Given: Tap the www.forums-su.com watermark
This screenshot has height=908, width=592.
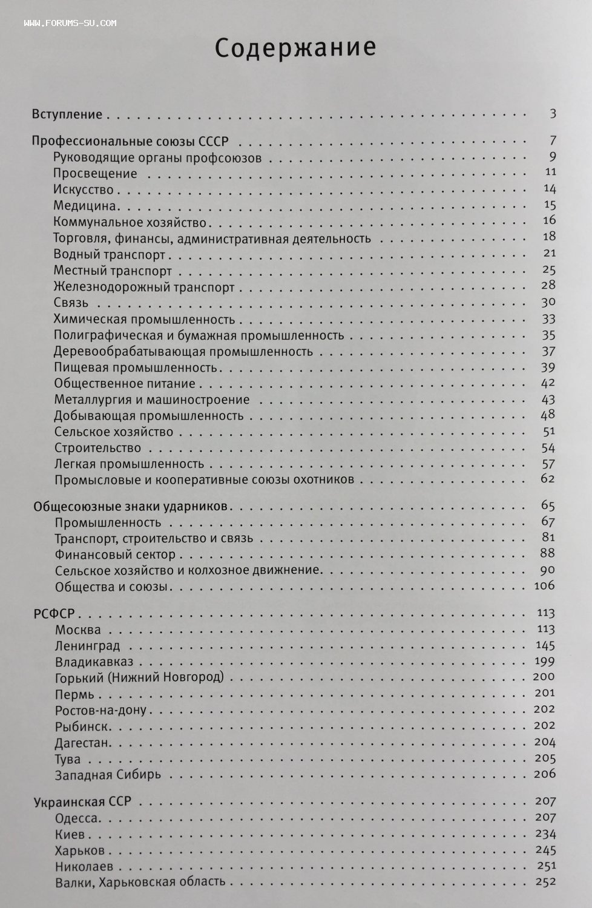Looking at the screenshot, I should click(x=70, y=23).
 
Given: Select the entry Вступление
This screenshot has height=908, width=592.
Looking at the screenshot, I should click(x=67, y=114).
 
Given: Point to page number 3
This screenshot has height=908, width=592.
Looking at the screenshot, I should click(x=553, y=113).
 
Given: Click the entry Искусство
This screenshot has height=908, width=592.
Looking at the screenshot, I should click(x=84, y=189).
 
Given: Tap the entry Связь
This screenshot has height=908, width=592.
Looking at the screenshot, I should click(x=71, y=303).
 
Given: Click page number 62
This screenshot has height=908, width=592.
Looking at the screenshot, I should click(x=548, y=478).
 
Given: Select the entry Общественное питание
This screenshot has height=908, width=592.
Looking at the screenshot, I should click(x=125, y=384).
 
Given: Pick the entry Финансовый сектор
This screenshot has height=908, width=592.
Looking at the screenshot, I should click(x=115, y=554).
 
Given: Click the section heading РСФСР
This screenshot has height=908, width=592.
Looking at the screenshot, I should click(x=54, y=614).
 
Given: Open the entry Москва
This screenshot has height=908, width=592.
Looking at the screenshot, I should click(x=78, y=630).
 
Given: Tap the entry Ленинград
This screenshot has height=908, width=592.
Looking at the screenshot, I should click(x=87, y=646).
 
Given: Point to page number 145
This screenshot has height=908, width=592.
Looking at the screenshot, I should click(x=545, y=645).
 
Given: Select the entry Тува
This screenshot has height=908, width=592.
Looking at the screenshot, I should click(x=68, y=759).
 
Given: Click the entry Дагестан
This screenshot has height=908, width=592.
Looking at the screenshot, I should click(x=83, y=743).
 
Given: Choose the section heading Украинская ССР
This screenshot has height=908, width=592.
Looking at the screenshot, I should click(x=82, y=802).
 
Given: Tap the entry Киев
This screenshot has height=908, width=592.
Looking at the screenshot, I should click(x=70, y=835).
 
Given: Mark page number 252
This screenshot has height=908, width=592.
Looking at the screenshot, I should click(x=545, y=881).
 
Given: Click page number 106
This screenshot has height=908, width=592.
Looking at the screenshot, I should click(x=544, y=585).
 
